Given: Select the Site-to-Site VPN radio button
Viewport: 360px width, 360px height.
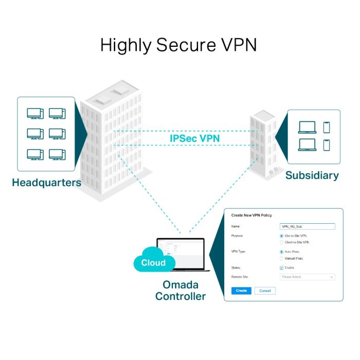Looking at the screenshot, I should [x=281, y=236].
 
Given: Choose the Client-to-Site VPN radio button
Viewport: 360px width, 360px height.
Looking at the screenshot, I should [x=281, y=242].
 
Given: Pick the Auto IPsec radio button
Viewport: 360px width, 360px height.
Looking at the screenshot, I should [x=281, y=252].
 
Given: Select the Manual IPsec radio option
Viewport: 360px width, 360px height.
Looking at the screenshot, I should [x=281, y=258].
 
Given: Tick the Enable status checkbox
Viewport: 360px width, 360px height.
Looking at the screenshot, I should [x=281, y=268].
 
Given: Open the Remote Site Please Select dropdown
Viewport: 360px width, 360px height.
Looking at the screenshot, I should [x=307, y=277].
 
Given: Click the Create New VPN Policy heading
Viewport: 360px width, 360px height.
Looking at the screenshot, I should [x=251, y=215].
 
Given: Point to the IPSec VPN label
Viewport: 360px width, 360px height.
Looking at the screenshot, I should [x=191, y=138].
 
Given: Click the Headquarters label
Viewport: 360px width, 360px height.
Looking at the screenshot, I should [x=46, y=183].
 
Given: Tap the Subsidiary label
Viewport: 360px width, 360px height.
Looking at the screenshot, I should [x=312, y=175].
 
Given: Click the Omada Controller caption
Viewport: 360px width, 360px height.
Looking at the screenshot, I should [x=181, y=291].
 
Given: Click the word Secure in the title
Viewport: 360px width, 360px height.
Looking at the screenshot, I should [x=183, y=45].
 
